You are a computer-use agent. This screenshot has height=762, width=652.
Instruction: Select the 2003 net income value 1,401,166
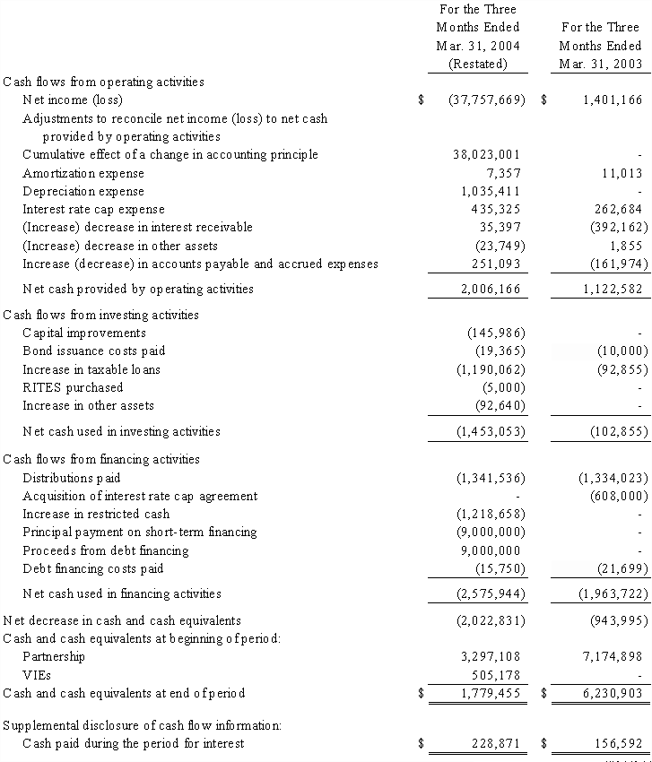(x=612, y=100)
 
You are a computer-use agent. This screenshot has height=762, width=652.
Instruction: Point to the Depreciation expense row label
(x=83, y=192)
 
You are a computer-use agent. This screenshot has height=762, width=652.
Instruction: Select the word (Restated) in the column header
(x=478, y=64)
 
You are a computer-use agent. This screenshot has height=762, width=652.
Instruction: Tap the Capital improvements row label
(x=84, y=333)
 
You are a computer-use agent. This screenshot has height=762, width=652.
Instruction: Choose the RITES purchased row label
(x=73, y=388)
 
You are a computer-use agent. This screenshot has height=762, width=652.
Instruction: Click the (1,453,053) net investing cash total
(x=489, y=432)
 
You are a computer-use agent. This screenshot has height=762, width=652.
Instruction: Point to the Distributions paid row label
(x=72, y=479)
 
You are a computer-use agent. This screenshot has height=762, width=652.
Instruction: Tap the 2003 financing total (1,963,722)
(x=613, y=594)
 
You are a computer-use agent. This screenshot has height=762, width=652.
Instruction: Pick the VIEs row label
(x=36, y=675)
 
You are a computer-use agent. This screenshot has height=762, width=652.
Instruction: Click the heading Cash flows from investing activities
(x=101, y=316)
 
